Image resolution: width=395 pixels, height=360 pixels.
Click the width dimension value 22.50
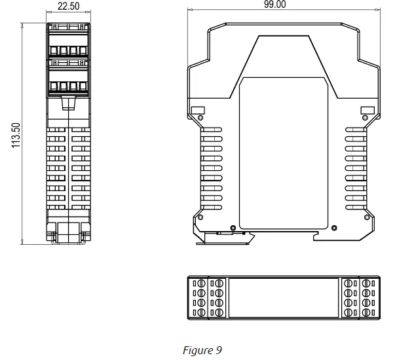(68, 7)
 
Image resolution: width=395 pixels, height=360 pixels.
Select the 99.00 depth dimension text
(275, 5)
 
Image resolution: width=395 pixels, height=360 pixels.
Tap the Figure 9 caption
(202, 350)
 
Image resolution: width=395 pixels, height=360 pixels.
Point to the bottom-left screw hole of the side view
(200, 217)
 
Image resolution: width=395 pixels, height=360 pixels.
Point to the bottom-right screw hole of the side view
(364, 217)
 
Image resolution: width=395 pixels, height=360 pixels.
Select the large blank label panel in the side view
(282, 154)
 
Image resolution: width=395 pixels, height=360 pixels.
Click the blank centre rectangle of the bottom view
(283, 298)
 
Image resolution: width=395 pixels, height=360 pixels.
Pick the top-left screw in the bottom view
(195, 283)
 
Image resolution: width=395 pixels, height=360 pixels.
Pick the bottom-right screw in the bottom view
(371, 314)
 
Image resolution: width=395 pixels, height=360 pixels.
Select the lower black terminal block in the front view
(68, 78)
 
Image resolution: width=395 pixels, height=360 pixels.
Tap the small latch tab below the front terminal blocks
(68, 103)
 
